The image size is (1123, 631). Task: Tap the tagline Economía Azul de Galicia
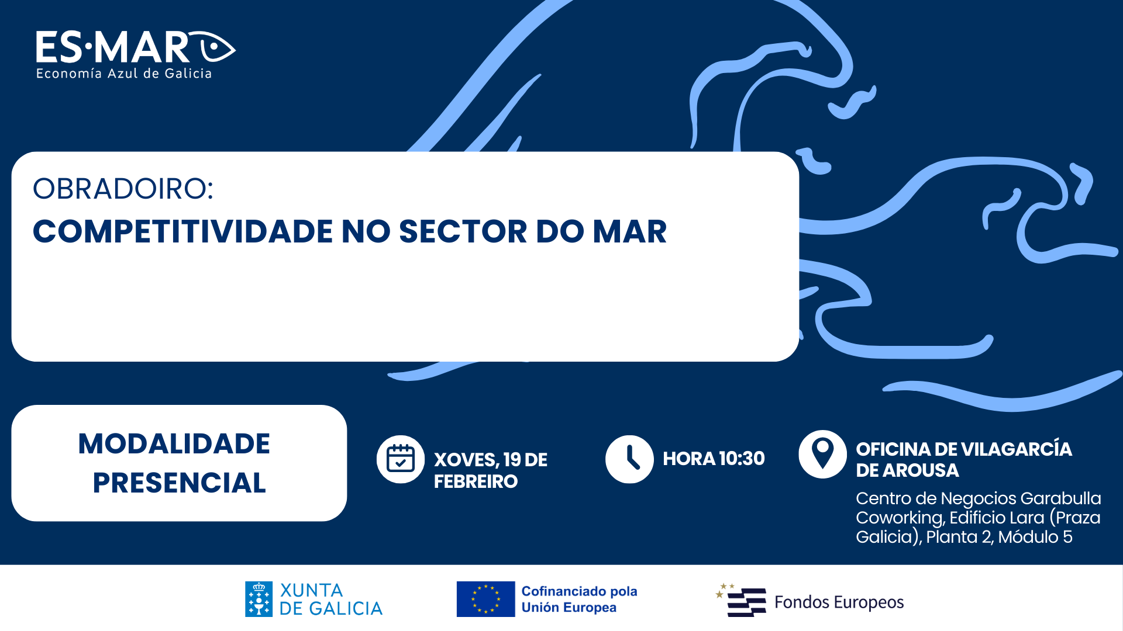(124, 74)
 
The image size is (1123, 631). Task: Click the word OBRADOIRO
(119, 189)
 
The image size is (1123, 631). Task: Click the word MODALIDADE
(174, 444)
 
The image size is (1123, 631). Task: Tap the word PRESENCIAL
(180, 483)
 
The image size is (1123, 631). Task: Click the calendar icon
(401, 459)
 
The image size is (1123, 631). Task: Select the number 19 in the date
(512, 460)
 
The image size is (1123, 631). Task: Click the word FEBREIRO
(476, 481)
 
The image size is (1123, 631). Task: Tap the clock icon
(629, 459)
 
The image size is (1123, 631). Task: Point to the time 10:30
(742, 459)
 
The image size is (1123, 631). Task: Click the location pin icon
(822, 455)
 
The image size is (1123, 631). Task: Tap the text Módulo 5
(1035, 537)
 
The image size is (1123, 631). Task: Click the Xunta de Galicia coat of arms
(259, 599)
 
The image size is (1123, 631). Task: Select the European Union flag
(485, 599)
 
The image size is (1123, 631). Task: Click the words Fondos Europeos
(839, 602)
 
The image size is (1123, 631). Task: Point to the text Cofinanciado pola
(579, 591)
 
